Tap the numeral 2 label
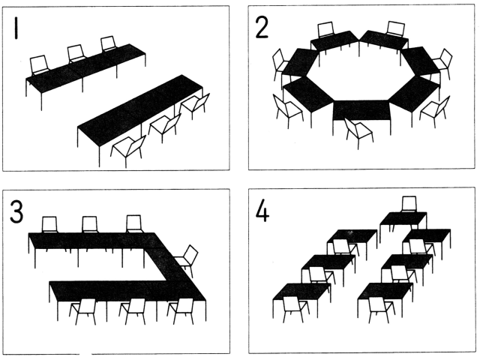[262, 27]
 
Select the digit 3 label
[16, 211]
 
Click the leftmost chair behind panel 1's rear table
[40, 64]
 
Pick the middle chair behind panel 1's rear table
[76, 53]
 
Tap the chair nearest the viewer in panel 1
[128, 151]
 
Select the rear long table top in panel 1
[85, 68]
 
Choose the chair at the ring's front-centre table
[358, 133]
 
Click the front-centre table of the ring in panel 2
[361, 110]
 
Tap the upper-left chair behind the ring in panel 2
[325, 30]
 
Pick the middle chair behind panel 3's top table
[90, 224]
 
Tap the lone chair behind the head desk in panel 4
[409, 204]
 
